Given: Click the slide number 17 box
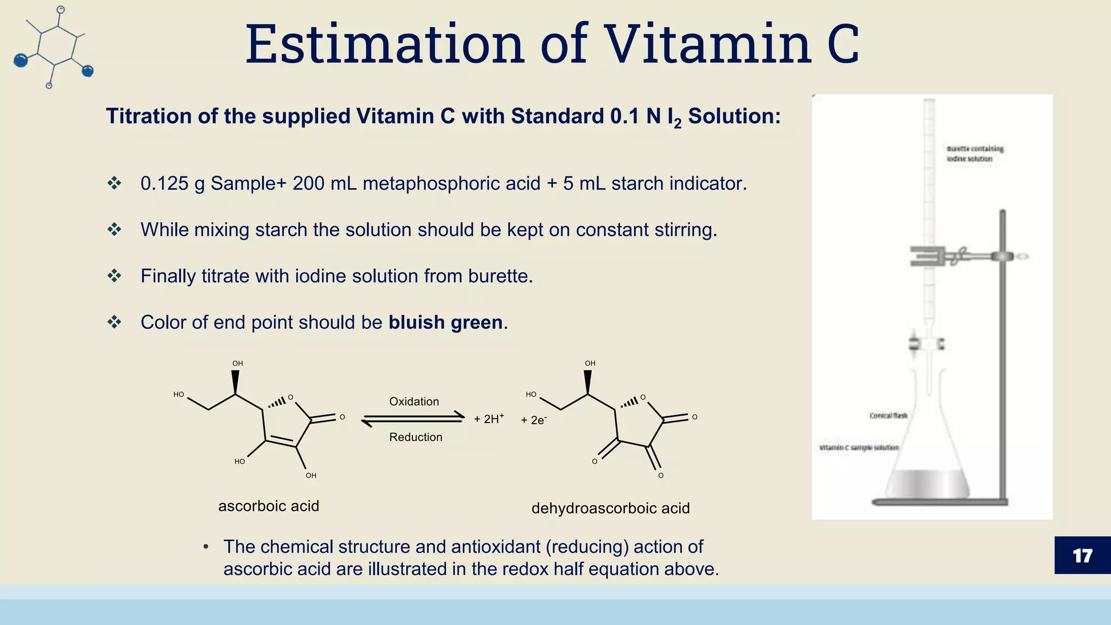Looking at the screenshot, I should (1082, 555).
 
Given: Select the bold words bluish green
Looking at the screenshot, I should (445, 322).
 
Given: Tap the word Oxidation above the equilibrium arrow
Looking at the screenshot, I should (414, 401).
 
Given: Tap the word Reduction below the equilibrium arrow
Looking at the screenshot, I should (416, 437).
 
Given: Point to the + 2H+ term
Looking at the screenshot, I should (489, 419).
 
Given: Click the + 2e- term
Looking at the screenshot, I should (534, 420).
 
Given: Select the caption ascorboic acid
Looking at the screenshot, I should (269, 506).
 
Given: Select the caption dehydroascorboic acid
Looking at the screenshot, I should (610, 508).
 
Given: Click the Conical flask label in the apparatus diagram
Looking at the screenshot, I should (888, 416).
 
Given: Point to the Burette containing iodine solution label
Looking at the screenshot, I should (974, 154).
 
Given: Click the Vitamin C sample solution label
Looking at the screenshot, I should (859, 448).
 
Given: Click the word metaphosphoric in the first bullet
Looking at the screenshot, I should (451, 183).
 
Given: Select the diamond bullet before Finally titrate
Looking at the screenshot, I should (114, 276).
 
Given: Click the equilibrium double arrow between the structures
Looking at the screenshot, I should (413, 419).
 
